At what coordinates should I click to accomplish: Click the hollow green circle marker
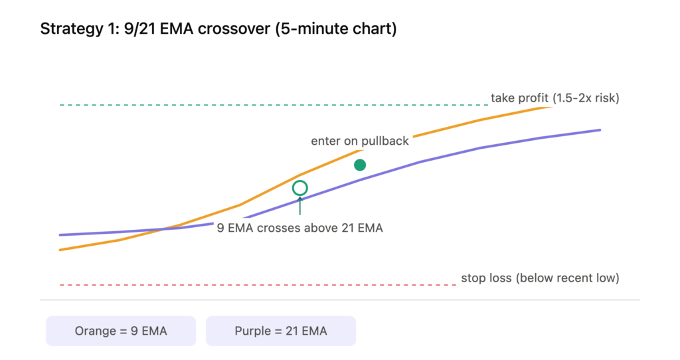[x=299, y=181]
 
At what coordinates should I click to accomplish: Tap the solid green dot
[x=360, y=165]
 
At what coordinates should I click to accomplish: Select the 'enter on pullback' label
[x=359, y=141]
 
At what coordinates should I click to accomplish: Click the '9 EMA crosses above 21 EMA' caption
[x=299, y=228]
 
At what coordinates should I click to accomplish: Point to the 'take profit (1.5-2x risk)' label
[x=554, y=98]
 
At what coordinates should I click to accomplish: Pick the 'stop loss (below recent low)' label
[x=540, y=278]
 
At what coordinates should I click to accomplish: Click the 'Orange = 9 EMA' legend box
[x=121, y=331]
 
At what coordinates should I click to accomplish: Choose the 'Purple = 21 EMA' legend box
[x=281, y=331]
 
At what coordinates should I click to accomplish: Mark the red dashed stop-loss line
[x=258, y=285]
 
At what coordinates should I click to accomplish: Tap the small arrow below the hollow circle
[x=299, y=206]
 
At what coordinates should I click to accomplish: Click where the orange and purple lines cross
[x=163, y=229]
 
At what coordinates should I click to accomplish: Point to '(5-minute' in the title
[x=312, y=29]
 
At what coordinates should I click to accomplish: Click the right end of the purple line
[x=600, y=130]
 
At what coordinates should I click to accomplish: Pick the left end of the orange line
[x=60, y=250]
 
